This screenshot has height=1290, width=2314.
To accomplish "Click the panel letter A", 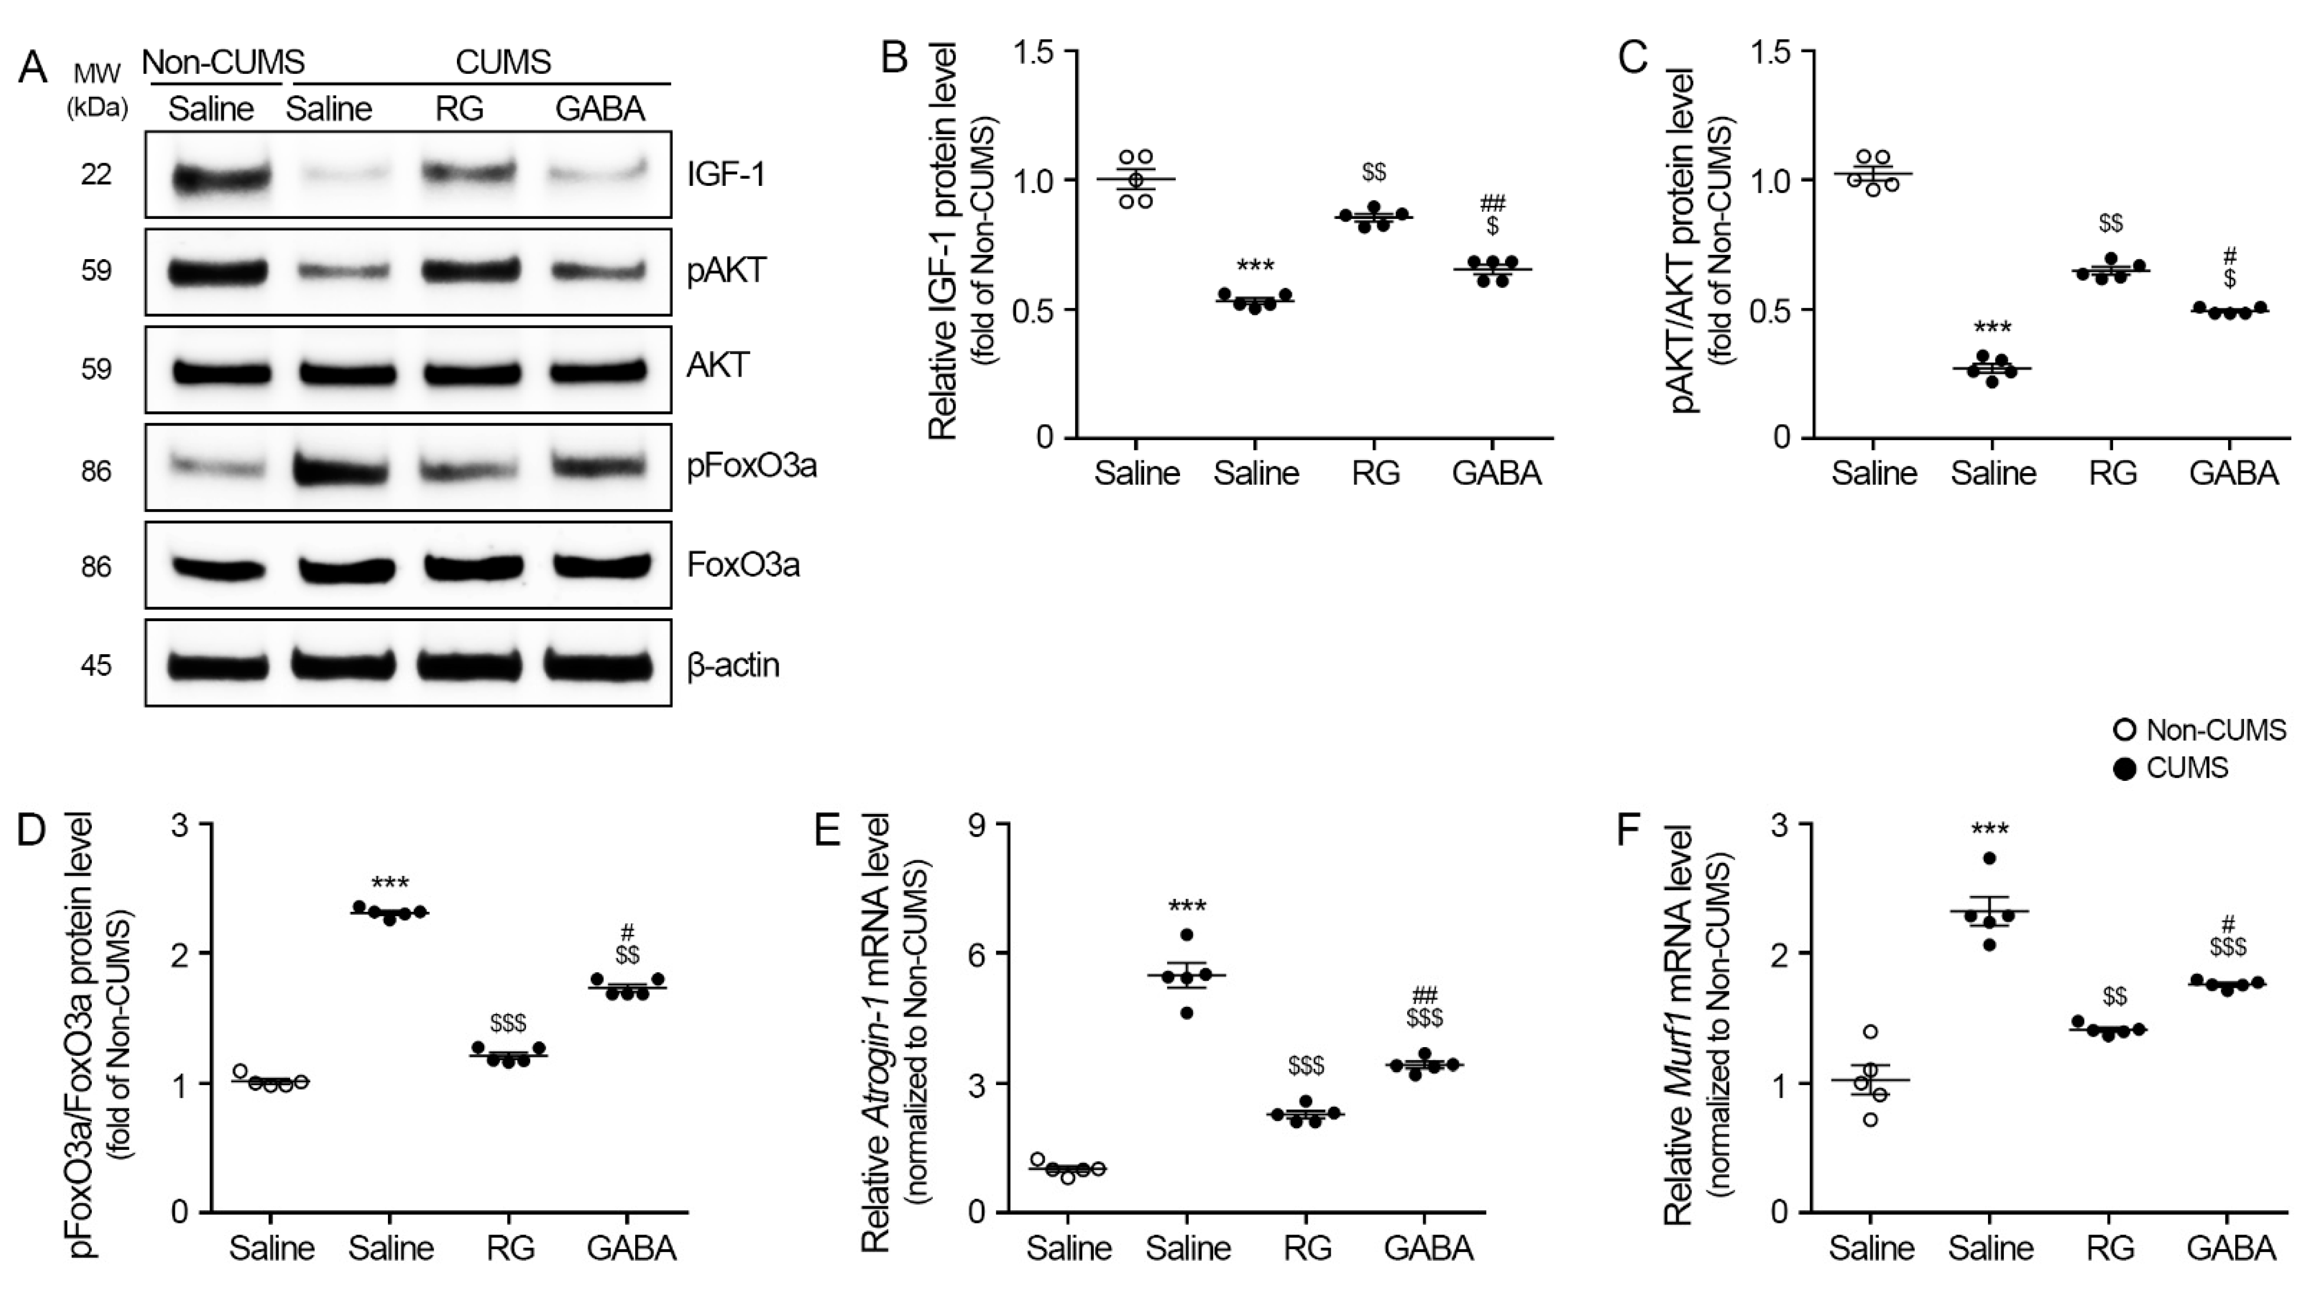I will point(33,68).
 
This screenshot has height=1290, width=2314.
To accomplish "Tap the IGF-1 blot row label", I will point(726,173).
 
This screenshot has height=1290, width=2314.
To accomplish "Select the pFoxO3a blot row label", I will point(751,466).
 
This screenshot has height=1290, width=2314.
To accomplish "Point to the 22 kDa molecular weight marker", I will point(96,173).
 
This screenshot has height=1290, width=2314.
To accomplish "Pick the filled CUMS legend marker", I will point(2124,769).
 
